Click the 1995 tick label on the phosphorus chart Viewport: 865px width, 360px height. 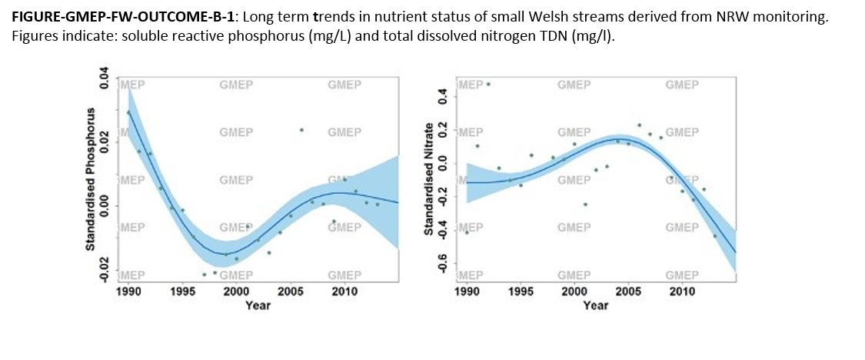point(182,292)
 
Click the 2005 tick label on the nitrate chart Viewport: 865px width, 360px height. point(628,292)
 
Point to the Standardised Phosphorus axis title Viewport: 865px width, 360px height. point(91,179)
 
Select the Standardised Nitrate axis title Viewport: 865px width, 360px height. point(428,179)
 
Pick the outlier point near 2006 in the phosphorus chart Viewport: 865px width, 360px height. point(301,130)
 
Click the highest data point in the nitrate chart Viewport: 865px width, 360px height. point(487,84)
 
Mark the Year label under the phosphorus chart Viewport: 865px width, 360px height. point(258,305)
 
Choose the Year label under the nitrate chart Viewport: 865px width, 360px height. point(596,305)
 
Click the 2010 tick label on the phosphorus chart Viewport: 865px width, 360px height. point(344,292)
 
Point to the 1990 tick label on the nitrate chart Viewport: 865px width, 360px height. point(467,292)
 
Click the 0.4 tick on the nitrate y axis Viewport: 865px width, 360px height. point(442,98)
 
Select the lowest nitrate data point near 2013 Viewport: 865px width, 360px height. point(715,236)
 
